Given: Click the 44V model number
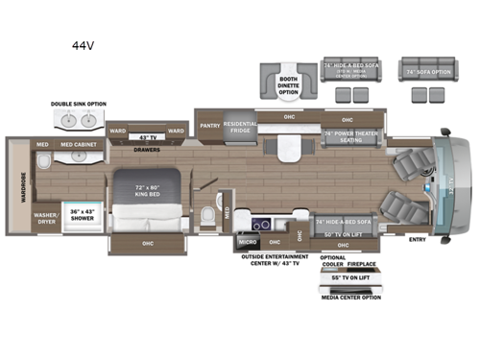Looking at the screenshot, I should (82, 44).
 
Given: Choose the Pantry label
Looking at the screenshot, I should (208, 125).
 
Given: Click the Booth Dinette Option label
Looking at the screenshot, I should (289, 84).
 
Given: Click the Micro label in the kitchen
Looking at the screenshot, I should (245, 242).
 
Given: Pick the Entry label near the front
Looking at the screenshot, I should (418, 239).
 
